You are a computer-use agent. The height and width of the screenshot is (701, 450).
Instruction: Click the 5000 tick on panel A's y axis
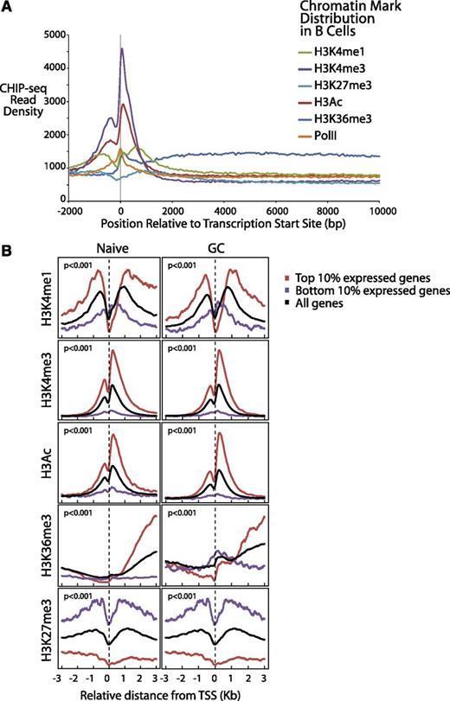point(81,35)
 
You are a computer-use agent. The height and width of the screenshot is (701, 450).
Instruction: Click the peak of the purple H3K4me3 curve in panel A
point(121,49)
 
